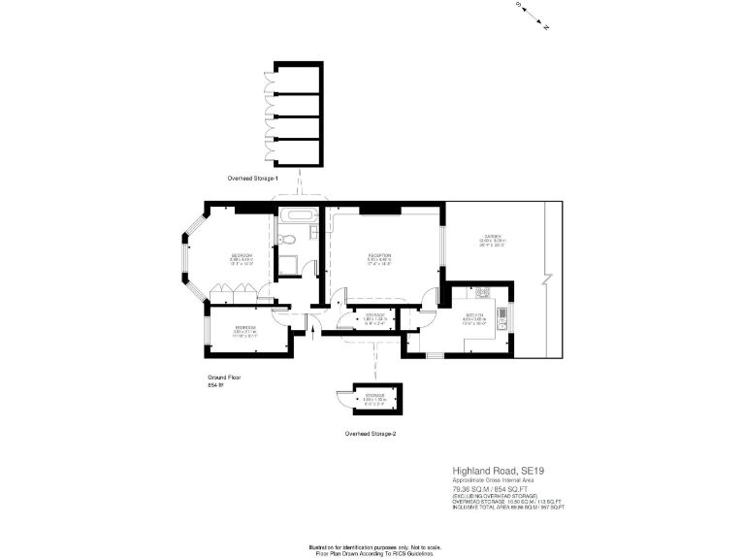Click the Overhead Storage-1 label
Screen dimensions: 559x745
252,179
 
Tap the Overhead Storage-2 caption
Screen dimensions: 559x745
371,434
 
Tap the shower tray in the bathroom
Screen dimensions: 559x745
289,265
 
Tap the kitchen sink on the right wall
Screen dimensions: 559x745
502,312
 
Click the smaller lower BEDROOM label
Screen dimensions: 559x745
246,328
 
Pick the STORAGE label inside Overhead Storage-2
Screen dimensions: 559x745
373,396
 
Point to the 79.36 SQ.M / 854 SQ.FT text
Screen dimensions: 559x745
489,490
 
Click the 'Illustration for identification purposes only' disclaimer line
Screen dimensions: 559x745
372,543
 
